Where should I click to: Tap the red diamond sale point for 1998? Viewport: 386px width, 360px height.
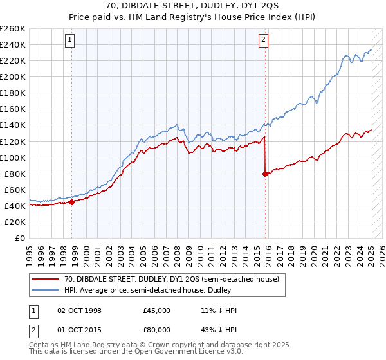(72, 202)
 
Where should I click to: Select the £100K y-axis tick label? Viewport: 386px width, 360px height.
(13, 157)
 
